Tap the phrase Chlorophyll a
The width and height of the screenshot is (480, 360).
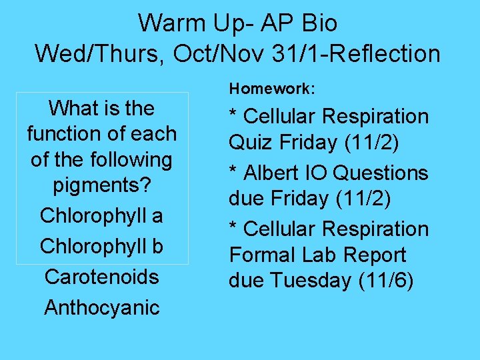101,216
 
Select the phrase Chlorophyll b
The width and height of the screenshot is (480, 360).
101,246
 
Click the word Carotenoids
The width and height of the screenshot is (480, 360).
101,277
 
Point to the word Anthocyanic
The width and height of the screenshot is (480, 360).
101,307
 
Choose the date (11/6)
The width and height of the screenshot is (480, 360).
386,281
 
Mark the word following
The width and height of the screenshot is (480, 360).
131,160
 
